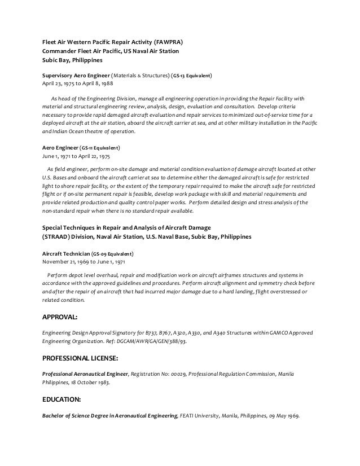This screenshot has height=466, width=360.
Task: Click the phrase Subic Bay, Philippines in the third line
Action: (71, 60)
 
